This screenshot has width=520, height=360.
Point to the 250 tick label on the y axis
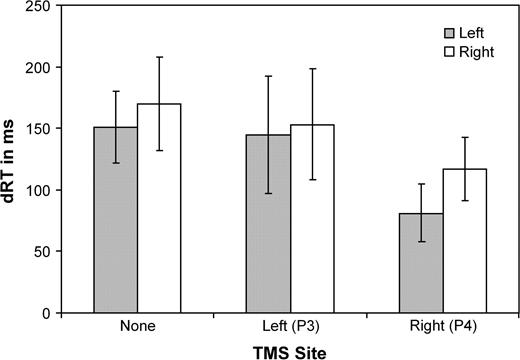click(47, 7)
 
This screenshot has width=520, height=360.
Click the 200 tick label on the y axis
click(47, 68)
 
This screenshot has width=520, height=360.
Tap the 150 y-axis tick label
click(47, 129)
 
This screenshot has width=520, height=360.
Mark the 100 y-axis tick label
click(47, 190)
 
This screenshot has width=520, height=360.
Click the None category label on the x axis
click(137, 326)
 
